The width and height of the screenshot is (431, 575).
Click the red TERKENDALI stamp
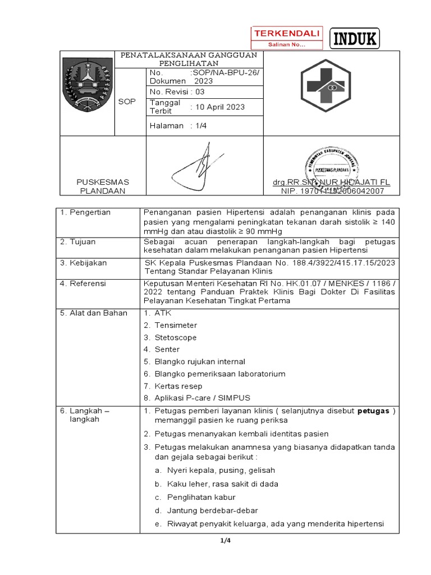point(286,38)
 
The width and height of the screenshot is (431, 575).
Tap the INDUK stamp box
point(355,39)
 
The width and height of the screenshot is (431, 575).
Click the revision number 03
point(200,92)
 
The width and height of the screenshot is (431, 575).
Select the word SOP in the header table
point(127,101)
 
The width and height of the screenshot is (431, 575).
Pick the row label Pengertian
point(85,212)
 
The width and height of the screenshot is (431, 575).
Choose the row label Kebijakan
point(83,263)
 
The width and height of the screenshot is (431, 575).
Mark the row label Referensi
point(83,284)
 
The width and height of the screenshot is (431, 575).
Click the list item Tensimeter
point(176,325)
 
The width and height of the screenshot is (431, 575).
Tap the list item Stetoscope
point(176,337)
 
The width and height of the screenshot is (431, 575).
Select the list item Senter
point(167,349)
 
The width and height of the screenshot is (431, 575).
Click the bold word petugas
point(374,410)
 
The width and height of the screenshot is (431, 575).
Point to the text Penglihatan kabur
point(201,497)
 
